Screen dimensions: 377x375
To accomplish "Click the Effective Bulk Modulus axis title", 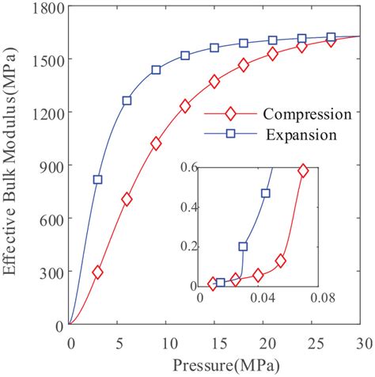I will pos(13,166).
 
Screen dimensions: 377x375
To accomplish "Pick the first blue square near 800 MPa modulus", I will pos(98,180).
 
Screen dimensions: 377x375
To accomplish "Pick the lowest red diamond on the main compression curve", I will pos(98,272).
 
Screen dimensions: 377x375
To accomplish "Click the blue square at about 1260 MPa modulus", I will pos(127,101).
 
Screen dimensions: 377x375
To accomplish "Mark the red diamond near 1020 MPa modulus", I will pos(156,143).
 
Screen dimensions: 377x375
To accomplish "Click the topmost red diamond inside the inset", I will pos(302,170).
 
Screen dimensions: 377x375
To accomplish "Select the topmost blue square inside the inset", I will pos(266,193).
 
